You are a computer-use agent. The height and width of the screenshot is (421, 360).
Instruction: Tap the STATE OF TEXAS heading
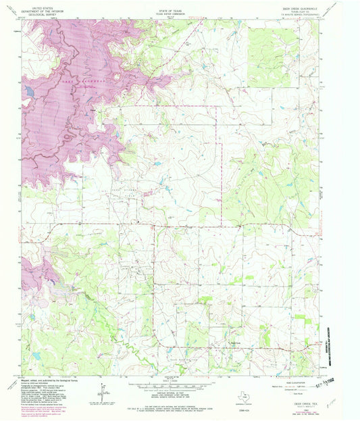point(170,7)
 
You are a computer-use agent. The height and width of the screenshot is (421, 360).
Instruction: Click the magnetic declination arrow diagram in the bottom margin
point(103,391)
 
